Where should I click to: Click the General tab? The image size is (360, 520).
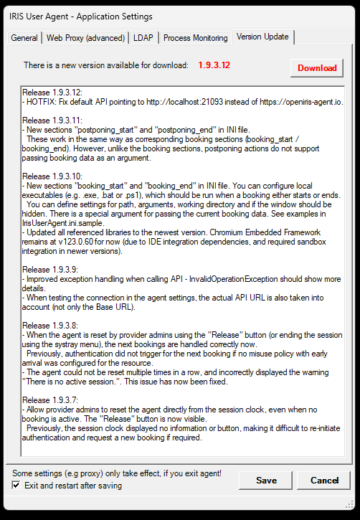tap(24, 38)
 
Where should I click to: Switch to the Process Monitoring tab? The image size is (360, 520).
tap(195, 38)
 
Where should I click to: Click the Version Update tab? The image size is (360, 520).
tap(262, 37)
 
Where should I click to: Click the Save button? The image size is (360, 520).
tap(266, 480)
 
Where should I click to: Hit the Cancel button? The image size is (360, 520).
tap(323, 480)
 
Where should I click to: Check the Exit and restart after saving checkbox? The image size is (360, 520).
tap(16, 486)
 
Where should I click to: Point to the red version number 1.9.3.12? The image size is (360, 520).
tap(214, 65)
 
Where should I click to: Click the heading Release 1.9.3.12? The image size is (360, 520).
tap(52, 93)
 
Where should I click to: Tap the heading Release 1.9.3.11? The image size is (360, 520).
tap(52, 120)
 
